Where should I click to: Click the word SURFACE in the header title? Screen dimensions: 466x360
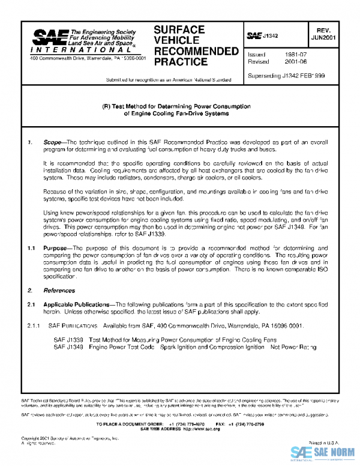point(179,29)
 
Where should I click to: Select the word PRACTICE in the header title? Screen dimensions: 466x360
point(181,62)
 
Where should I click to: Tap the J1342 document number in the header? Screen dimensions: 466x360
point(271,36)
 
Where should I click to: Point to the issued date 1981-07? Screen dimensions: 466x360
point(289,54)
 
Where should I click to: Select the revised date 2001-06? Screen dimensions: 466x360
point(289,61)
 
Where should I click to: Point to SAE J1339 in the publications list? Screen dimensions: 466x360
point(68,339)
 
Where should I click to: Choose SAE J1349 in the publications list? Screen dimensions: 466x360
point(68,346)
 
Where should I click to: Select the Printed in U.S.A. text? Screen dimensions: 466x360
point(326,441)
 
